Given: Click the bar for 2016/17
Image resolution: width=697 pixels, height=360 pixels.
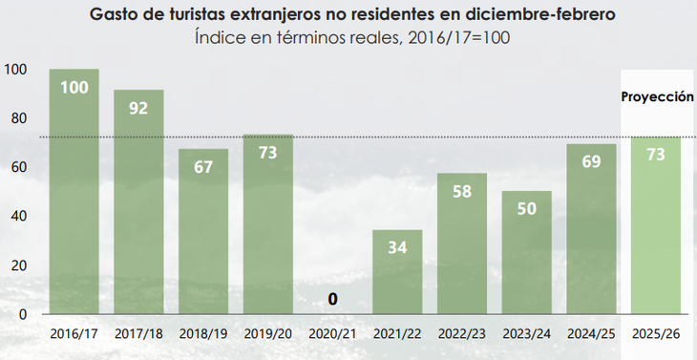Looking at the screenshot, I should [74, 191].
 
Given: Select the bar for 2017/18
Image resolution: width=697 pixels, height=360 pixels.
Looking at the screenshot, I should [138, 201].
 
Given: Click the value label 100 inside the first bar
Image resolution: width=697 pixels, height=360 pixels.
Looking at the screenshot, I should [74, 88].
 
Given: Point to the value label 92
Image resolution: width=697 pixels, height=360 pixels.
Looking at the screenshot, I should [138, 108].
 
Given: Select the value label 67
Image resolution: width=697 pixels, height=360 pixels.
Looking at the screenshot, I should [203, 168].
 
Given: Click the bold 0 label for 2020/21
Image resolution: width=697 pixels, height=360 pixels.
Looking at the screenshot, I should [332, 299].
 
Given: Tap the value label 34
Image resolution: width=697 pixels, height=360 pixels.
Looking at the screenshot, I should [397, 248].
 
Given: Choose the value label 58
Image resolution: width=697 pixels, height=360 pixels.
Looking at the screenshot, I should [462, 191].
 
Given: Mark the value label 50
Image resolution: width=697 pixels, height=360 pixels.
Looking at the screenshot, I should [527, 209].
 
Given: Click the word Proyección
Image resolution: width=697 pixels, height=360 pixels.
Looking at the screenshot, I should [657, 96].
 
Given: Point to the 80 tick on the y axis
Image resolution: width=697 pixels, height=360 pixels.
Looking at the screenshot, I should [18, 118].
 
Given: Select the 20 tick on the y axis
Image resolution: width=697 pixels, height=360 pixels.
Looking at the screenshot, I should [18, 265].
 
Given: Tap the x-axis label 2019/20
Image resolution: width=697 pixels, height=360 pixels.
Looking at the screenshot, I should [268, 335].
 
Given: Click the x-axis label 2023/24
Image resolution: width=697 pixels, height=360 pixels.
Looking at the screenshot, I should [527, 335].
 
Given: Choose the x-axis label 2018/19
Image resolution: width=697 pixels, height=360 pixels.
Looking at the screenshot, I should [203, 335].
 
